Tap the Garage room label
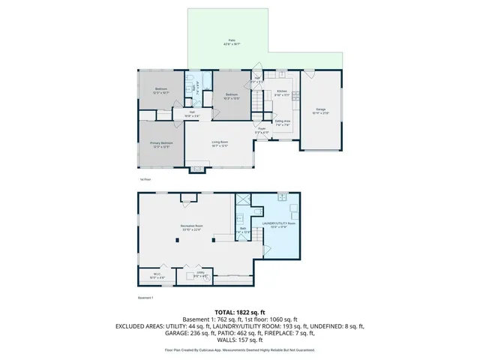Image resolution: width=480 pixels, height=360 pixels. coord(321,111)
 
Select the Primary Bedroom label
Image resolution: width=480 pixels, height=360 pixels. coord(161,145)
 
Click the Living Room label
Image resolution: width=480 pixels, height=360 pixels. coord(219,143)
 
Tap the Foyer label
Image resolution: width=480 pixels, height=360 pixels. coord(262,130)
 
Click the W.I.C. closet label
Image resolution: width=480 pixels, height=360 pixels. coord(156,275)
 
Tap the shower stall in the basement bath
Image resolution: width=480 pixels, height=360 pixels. coord(243,199)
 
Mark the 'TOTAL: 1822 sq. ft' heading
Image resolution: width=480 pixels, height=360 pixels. coord(239,312)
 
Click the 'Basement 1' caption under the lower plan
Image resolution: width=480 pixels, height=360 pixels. coord(145,298)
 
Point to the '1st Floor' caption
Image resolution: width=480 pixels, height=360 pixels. coord(145,180)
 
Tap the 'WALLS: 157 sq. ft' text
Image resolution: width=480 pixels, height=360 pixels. coord(239,341)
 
